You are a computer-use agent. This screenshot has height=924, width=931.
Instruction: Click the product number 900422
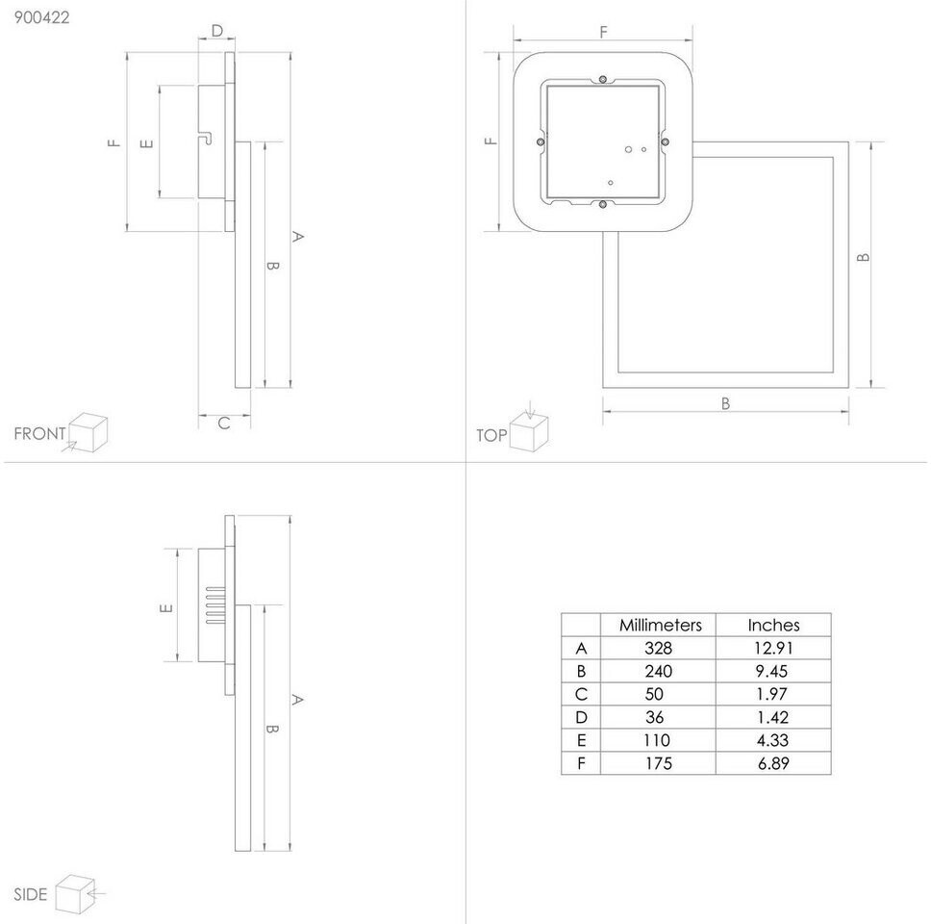pos(36,16)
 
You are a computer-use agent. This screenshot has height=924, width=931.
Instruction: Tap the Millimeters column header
pos(660,625)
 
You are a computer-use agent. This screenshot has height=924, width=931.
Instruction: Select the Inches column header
pos(773,625)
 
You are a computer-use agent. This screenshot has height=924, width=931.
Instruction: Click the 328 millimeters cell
pos(660,648)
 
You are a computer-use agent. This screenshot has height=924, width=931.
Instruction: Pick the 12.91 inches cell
pos(773,648)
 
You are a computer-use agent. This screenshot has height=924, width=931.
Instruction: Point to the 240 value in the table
pos(660,671)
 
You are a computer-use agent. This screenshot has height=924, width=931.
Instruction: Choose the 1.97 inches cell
pos(773,694)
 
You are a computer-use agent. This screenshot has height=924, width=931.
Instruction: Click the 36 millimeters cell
pos(660,717)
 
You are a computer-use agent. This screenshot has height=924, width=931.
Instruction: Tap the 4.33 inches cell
pos(773,740)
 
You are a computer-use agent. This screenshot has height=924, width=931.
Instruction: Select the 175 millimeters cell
pos(660,763)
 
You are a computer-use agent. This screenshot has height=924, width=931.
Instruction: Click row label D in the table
pos(580,717)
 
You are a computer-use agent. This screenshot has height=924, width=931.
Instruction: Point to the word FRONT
pos(39,434)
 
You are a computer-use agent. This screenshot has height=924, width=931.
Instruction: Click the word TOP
pos(491,435)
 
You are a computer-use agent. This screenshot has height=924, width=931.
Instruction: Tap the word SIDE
pos(30,895)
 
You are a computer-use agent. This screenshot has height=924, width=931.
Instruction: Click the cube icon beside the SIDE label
pos(73,892)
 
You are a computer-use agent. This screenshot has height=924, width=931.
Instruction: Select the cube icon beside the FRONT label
pos(88,431)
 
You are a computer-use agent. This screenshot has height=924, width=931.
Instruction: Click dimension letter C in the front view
pos(223,423)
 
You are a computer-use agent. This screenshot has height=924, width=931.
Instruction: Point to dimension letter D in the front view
pos(216,31)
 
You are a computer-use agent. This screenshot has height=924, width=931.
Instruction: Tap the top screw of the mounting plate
pos(602,79)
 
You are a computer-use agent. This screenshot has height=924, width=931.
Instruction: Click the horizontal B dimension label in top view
pos(725,403)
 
